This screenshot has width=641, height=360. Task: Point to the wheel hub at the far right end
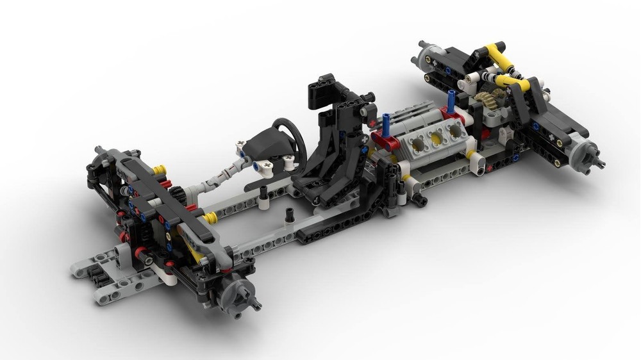click(585, 154)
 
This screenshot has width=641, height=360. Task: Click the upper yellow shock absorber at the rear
click(492, 55)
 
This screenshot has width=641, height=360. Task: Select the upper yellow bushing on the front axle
click(159, 170)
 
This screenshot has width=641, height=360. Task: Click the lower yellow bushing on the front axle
click(208, 218)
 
